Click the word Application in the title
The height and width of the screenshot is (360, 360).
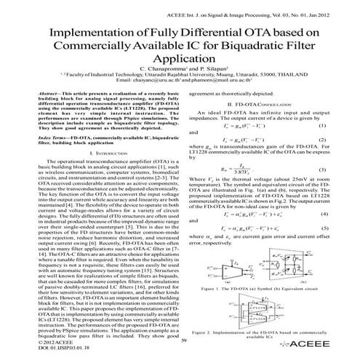[x=178, y=62]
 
